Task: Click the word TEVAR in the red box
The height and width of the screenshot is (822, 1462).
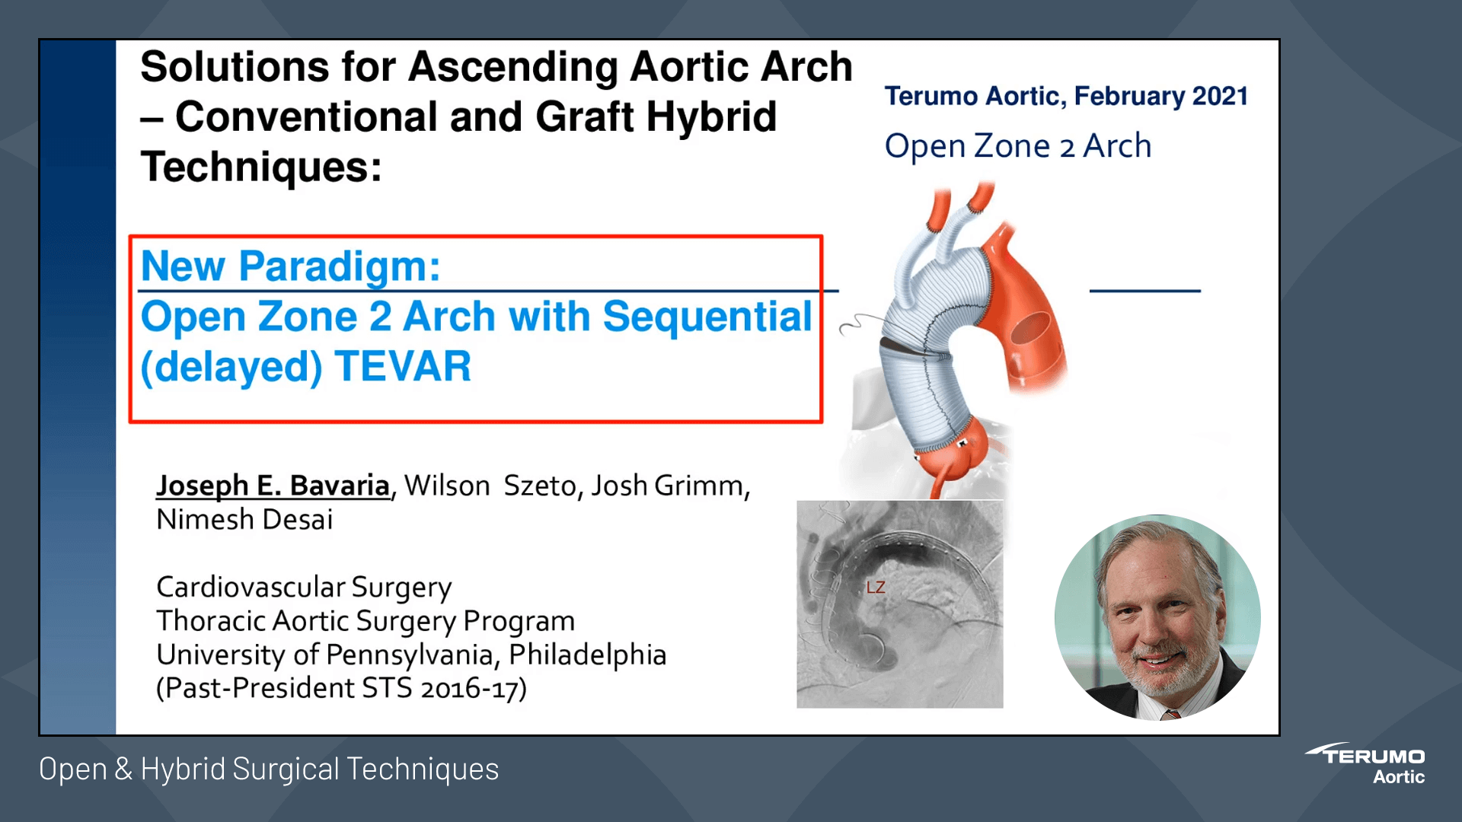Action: tap(403, 367)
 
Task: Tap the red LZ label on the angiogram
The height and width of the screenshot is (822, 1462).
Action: tap(876, 588)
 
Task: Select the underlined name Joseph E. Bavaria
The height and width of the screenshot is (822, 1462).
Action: tap(273, 486)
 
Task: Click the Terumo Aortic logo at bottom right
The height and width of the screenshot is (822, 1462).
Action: tap(1368, 763)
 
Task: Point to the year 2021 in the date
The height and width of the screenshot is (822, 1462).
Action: tap(1220, 97)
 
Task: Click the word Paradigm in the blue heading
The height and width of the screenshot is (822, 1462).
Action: tap(340, 266)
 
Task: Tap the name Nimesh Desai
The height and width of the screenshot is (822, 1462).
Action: tap(244, 520)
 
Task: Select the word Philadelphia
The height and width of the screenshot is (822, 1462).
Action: tap(587, 655)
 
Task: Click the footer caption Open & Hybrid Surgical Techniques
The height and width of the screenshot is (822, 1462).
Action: tap(269, 769)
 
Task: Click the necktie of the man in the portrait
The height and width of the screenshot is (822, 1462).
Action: tap(1170, 714)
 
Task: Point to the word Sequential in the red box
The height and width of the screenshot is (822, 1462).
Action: tap(707, 317)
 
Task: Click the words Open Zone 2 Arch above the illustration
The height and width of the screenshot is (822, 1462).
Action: tap(1017, 146)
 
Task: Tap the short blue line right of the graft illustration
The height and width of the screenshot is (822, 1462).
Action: tap(1144, 291)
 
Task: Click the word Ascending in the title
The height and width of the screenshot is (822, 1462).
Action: tap(512, 67)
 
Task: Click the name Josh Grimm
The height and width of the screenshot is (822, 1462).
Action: tap(667, 486)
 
